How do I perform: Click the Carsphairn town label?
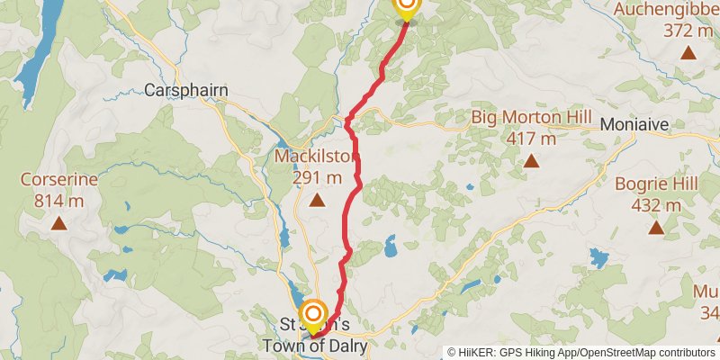click(x=186, y=90)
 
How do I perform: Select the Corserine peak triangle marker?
click(x=58, y=222)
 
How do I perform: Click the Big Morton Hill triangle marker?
click(x=531, y=162)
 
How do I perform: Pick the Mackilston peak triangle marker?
click(x=317, y=200)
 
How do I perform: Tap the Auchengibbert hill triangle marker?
click(x=688, y=52)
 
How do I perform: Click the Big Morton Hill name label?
click(x=531, y=119)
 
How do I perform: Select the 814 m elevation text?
click(x=58, y=200)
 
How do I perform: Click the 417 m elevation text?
click(x=531, y=139)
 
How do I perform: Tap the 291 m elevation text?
click(x=317, y=177)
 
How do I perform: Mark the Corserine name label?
click(x=58, y=179)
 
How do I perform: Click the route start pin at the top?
click(x=407, y=7)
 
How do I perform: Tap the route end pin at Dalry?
click(x=313, y=314)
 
